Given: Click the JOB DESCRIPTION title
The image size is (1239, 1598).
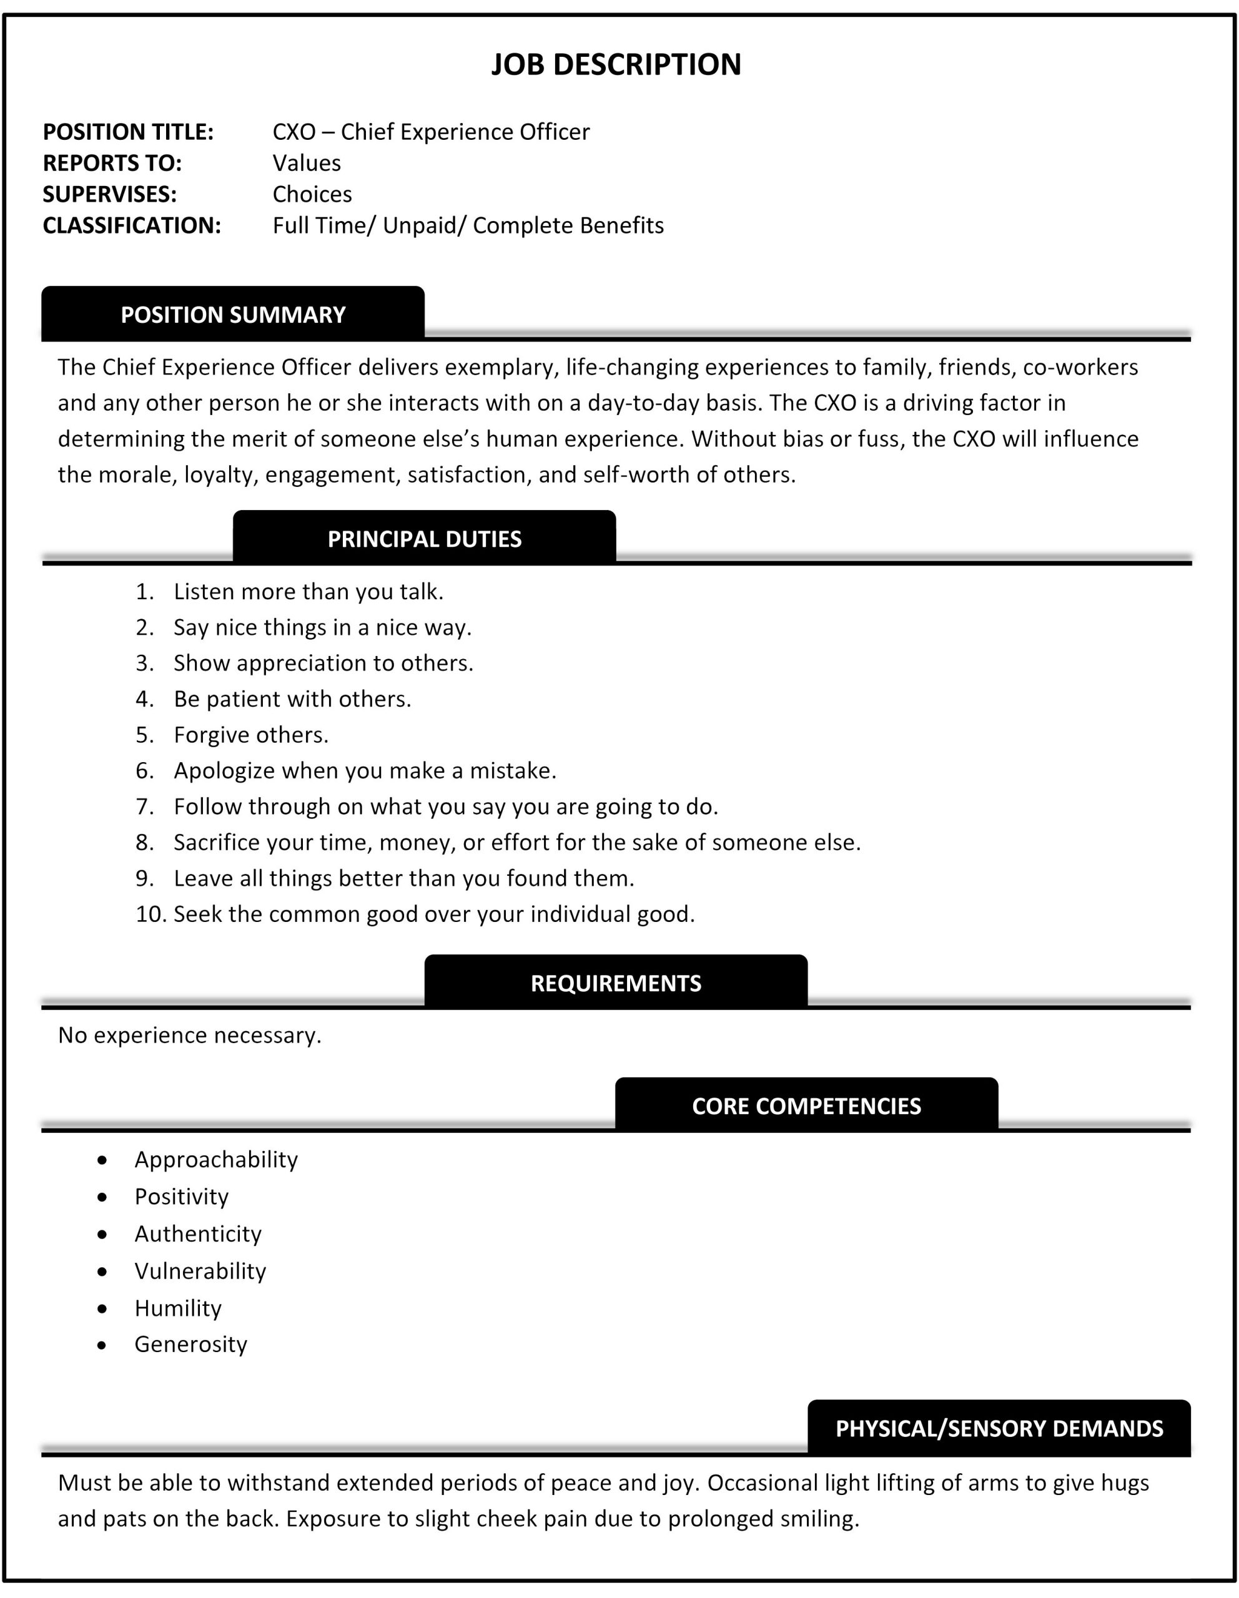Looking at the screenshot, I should pos(616,64).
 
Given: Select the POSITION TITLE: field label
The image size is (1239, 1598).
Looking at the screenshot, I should pos(128,132).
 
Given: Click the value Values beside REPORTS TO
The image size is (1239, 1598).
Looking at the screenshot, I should pos(307,163).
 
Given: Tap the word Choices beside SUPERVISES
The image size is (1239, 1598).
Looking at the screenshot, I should pos(312,195).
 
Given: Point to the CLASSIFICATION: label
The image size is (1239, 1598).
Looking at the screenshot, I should pos(132,225).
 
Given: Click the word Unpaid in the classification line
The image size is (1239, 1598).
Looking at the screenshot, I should pos(424,225).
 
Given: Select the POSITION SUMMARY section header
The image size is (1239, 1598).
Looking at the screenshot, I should pos(233,315).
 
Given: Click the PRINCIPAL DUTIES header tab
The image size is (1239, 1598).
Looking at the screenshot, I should pos(425,539).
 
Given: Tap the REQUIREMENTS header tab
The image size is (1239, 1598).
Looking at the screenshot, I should pos(616,983).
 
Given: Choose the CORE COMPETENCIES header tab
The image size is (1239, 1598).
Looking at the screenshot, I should pos(806,1106).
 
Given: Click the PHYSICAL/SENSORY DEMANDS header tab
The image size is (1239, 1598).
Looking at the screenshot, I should pos(999,1429).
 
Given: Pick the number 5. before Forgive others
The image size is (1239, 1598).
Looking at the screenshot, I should pos(144,735).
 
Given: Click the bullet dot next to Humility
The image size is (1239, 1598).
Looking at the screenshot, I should pos(102,1308).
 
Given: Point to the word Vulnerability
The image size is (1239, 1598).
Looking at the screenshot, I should pos(200,1272).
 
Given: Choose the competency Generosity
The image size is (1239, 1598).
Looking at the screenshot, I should pos(191,1345).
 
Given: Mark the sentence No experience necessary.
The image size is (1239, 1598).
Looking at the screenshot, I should pos(190,1036).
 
